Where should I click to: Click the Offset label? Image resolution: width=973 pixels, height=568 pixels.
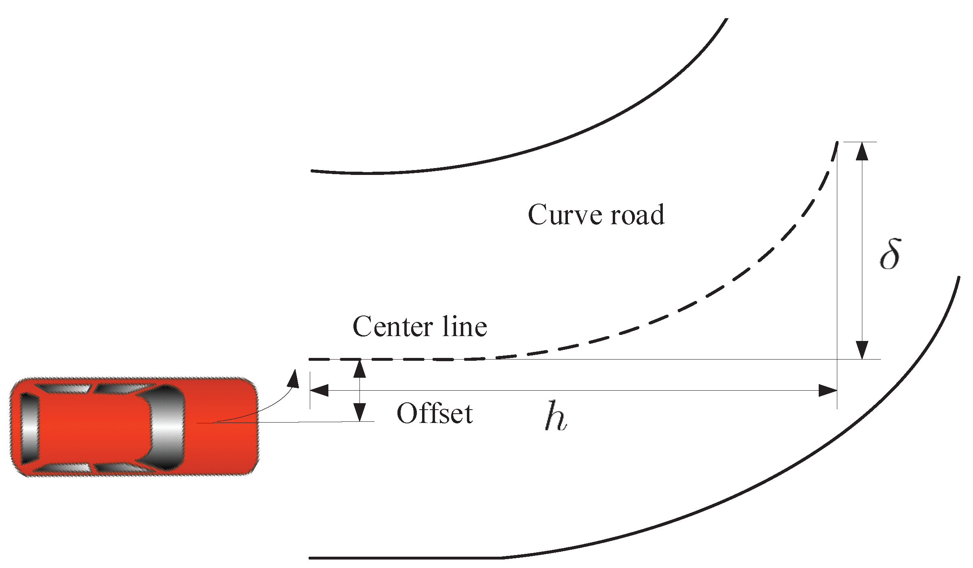[x=435, y=414]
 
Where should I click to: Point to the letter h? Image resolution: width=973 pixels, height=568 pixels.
[x=556, y=416]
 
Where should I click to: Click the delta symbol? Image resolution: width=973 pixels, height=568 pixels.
[x=890, y=255]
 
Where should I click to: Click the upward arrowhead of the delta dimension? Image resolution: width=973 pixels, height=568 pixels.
[x=862, y=151]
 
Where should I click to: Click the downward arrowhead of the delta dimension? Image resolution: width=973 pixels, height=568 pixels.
[x=862, y=350]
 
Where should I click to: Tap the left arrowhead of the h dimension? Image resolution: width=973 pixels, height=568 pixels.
[x=319, y=390]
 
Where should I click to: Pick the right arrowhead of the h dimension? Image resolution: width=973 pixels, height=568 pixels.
[x=827, y=390]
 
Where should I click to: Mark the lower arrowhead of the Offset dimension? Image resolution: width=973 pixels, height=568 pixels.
[x=359, y=412]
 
